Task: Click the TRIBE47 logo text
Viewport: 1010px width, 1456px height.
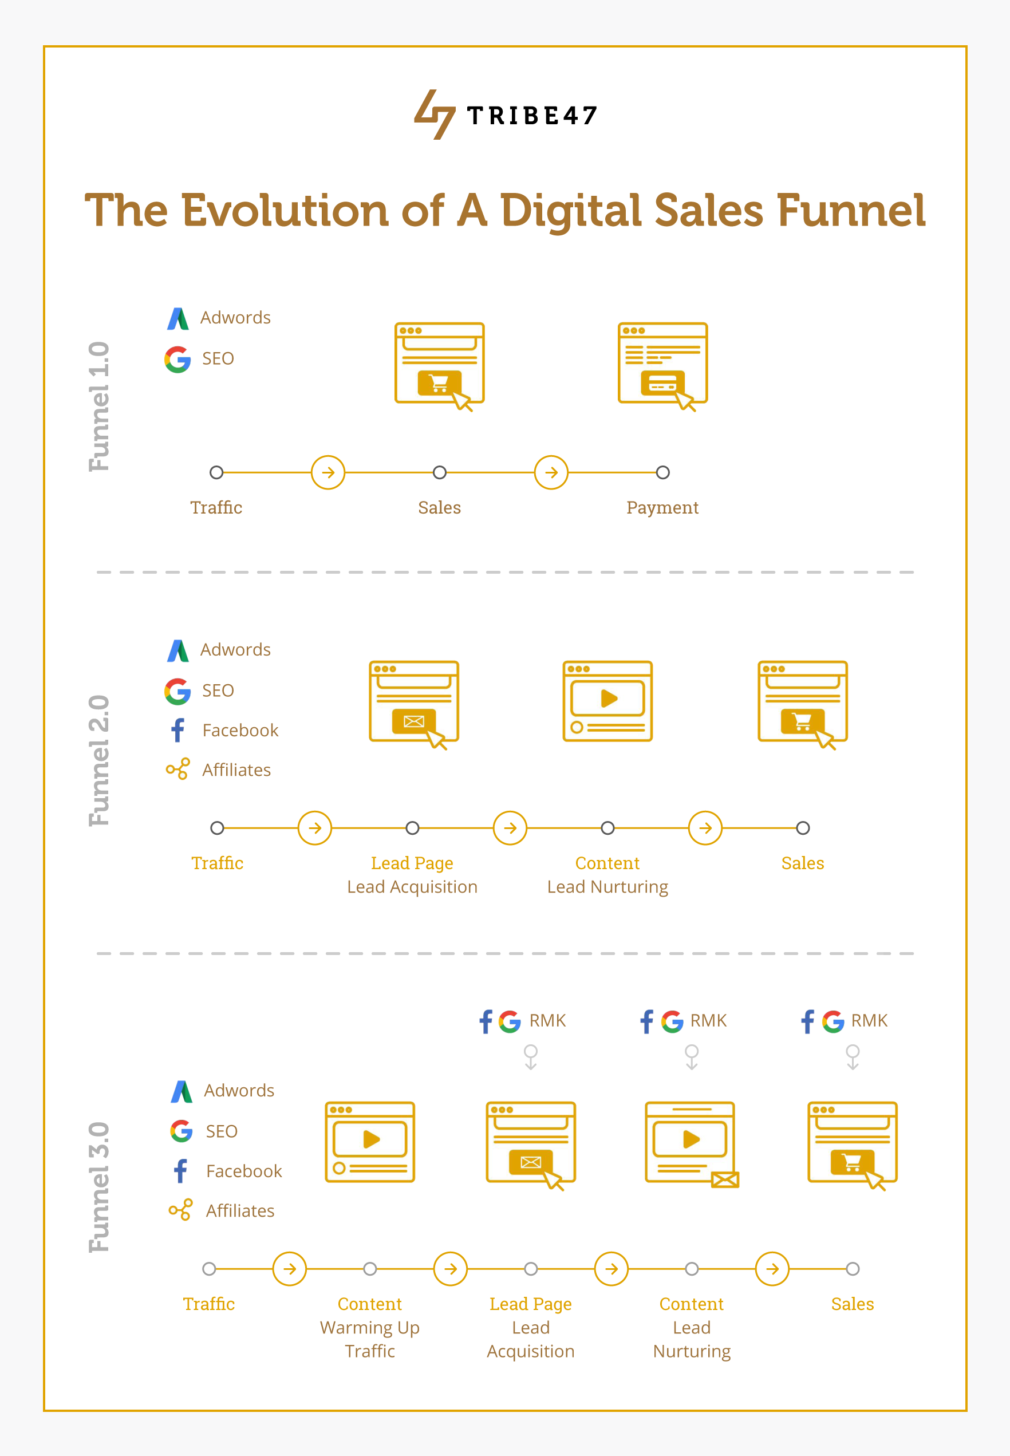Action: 531,116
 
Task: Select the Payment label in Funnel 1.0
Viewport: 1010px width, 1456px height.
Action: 662,507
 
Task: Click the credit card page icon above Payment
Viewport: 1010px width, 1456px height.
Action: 662,365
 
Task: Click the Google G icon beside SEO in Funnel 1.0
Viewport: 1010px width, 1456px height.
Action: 178,359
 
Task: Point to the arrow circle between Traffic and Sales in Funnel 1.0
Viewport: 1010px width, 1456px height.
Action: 328,472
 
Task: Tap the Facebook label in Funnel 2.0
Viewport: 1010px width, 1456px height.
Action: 240,730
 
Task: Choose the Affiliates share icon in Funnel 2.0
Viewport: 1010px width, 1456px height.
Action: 178,769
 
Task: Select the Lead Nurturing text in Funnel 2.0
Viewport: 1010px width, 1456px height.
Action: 607,887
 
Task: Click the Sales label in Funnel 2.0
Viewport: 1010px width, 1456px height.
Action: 802,863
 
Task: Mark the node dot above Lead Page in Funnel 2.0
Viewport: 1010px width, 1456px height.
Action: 412,828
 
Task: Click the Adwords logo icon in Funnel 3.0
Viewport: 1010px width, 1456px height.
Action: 182,1091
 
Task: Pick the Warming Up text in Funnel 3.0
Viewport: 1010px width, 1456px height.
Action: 369,1328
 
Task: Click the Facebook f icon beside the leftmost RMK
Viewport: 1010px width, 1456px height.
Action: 486,1021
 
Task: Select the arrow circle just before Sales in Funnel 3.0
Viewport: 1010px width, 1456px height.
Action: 772,1269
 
